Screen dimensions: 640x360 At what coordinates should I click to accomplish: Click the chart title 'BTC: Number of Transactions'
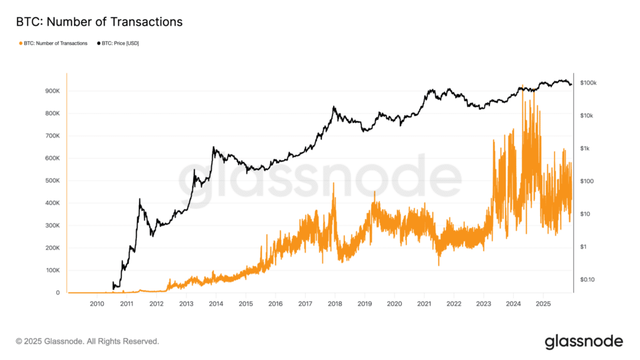pyautogui.click(x=99, y=22)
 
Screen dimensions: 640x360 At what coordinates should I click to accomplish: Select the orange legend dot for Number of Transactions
pyautogui.click(x=21, y=43)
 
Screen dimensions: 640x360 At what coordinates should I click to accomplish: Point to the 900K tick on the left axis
pyautogui.click(x=52, y=91)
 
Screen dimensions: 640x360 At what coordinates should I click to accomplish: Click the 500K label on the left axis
pyautogui.click(x=52, y=181)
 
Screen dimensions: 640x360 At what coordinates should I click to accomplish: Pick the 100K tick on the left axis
pyautogui.click(x=52, y=270)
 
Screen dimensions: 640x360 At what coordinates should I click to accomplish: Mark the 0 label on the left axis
pyautogui.click(x=57, y=292)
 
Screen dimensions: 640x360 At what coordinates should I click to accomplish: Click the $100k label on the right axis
pyautogui.click(x=588, y=83)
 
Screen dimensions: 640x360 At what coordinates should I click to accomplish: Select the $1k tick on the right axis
pyautogui.click(x=584, y=149)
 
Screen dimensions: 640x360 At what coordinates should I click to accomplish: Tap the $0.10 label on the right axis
pyautogui.click(x=587, y=279)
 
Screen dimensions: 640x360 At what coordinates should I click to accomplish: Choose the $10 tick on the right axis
pyautogui.click(x=585, y=214)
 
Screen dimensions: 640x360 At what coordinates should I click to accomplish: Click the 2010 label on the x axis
pyautogui.click(x=97, y=304)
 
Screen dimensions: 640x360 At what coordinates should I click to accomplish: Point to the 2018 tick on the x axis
pyautogui.click(x=335, y=304)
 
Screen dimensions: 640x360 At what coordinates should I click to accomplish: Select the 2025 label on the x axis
pyautogui.click(x=543, y=304)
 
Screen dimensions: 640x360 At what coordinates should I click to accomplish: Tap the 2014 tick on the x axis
pyautogui.click(x=216, y=304)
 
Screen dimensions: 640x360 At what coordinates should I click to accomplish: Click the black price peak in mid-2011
pyautogui.click(x=139, y=199)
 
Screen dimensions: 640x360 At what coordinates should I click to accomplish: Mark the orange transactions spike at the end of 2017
pyautogui.click(x=334, y=184)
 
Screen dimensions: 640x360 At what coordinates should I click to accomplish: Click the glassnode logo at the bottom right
pyautogui.click(x=584, y=342)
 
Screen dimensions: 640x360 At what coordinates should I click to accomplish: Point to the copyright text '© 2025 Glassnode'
pyautogui.click(x=50, y=341)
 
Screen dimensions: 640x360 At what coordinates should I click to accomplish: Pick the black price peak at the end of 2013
pyautogui.click(x=213, y=147)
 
